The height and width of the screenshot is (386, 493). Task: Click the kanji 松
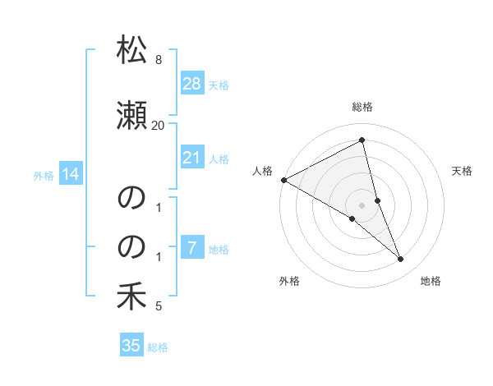[x=131, y=51]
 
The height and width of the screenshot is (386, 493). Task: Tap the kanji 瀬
[x=131, y=117]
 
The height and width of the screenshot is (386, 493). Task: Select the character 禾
[x=131, y=297]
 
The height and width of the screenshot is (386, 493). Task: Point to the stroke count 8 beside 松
[x=158, y=60]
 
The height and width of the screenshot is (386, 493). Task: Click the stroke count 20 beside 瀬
[x=158, y=126]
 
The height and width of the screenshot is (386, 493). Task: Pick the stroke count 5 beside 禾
[x=158, y=307]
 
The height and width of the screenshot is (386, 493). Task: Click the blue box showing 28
[x=191, y=84]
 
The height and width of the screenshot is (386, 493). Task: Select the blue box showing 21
[x=191, y=158]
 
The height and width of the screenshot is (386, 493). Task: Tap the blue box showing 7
[x=191, y=248]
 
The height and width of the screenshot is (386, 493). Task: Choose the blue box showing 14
[x=70, y=174]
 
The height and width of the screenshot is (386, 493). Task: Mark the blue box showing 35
[x=131, y=346]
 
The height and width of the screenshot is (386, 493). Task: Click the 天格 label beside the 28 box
[x=219, y=85]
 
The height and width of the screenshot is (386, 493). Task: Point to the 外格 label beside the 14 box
[x=44, y=175]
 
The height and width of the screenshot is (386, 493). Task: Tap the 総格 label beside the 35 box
[x=158, y=347]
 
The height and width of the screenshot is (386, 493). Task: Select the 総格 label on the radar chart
[x=362, y=107]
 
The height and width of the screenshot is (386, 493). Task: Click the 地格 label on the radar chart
[x=431, y=281]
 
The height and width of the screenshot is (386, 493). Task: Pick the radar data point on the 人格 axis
[x=283, y=180]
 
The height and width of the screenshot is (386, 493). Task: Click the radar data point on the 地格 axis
[x=401, y=260]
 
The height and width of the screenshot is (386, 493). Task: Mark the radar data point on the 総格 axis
[x=362, y=140]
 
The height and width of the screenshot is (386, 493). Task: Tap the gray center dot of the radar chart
[x=362, y=205]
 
